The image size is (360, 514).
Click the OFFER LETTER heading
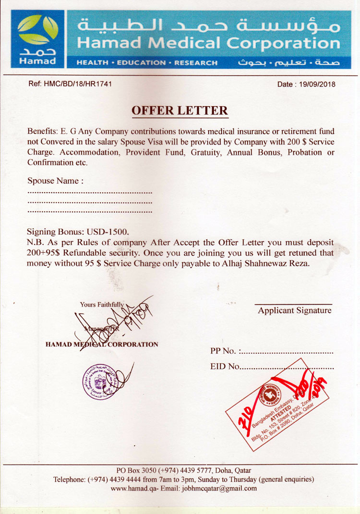click(x=180, y=110)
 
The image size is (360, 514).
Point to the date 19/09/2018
click(x=317, y=85)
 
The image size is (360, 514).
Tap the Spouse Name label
click(x=55, y=181)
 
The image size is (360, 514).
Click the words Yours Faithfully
click(x=102, y=304)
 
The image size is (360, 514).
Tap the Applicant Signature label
click(x=294, y=310)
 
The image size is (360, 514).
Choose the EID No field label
click(x=225, y=367)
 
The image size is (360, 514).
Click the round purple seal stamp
click(x=101, y=381)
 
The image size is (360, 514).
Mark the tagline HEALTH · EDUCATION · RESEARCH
click(x=147, y=63)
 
